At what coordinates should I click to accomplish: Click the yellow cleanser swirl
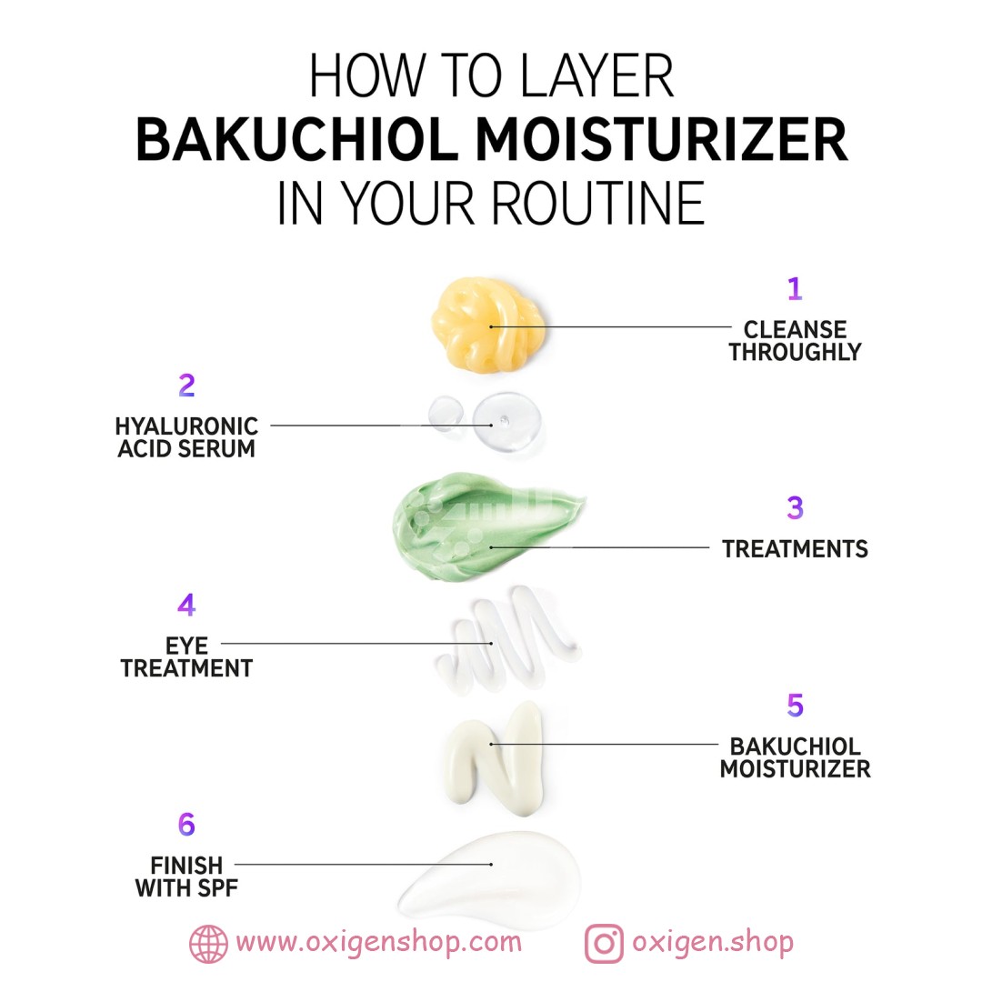click(x=487, y=326)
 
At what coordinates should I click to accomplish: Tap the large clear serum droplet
click(x=507, y=422)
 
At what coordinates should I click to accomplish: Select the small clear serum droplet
click(x=446, y=414)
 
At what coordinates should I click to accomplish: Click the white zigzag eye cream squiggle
click(x=507, y=639)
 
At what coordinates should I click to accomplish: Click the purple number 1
click(x=795, y=289)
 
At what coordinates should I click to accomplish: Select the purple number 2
click(x=186, y=386)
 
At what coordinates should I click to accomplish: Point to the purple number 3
click(x=795, y=508)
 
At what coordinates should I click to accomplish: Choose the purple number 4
click(x=186, y=605)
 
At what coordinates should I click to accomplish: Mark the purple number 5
click(x=796, y=706)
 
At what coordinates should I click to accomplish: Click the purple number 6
click(x=186, y=824)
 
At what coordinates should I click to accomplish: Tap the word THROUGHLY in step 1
click(x=796, y=352)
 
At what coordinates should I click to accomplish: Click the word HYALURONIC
click(x=186, y=426)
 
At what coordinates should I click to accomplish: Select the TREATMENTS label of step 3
click(x=796, y=549)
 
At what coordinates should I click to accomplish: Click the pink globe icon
click(x=208, y=944)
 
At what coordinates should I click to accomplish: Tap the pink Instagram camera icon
click(x=604, y=944)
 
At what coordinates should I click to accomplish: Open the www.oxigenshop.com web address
click(x=379, y=943)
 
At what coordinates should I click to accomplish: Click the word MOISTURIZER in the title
click(x=662, y=139)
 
